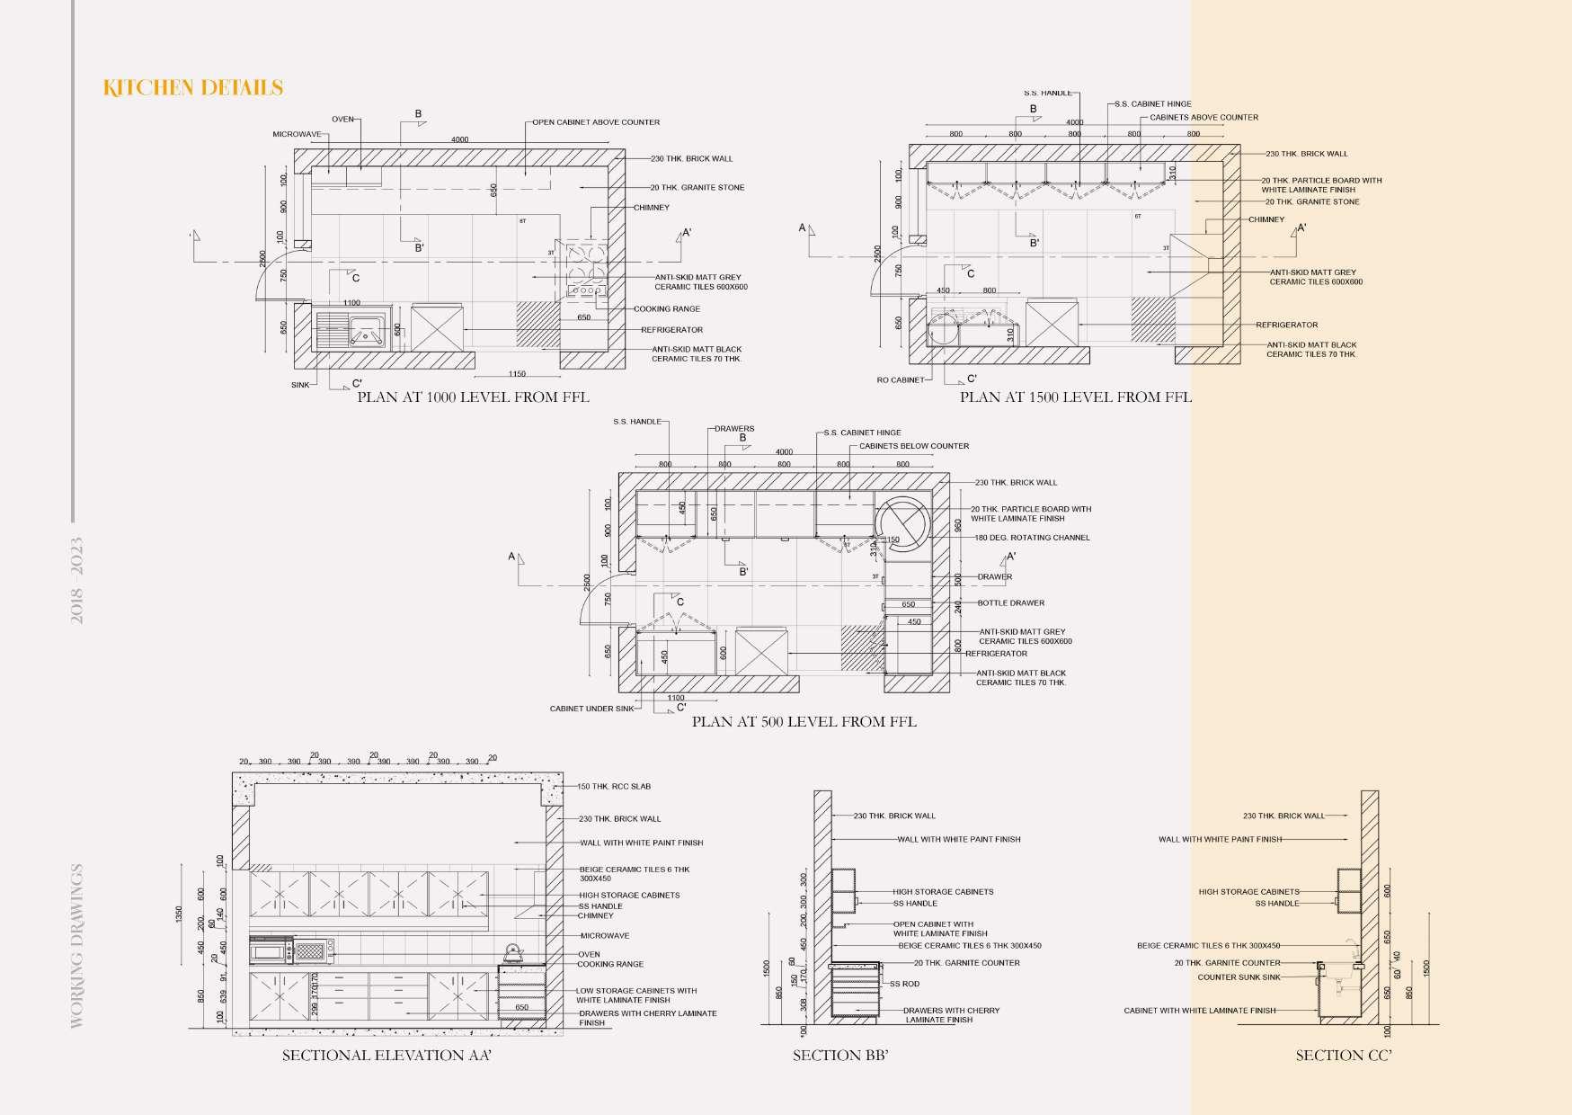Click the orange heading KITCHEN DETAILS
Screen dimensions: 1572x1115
point(193,87)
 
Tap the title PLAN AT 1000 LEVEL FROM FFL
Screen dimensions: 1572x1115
point(473,397)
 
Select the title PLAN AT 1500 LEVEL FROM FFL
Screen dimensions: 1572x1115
point(1075,397)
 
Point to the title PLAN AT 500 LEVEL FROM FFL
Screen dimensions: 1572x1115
point(804,721)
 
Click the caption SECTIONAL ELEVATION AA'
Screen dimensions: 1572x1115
point(386,1055)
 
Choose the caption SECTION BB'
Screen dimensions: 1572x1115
point(840,1055)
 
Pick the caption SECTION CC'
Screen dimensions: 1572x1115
point(1343,1055)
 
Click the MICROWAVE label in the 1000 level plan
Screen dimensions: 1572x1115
point(297,135)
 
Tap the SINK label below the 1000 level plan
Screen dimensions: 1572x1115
point(300,385)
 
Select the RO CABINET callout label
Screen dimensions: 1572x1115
point(900,380)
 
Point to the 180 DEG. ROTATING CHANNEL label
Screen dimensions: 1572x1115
point(1032,538)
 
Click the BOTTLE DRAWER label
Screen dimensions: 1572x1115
point(1010,603)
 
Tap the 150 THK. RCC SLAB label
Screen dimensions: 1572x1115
point(614,787)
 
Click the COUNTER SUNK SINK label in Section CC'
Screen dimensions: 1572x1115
point(1239,977)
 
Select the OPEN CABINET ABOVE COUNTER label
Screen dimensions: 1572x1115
point(596,122)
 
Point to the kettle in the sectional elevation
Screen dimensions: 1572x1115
point(513,952)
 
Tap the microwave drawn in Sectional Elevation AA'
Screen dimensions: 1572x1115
point(271,950)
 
